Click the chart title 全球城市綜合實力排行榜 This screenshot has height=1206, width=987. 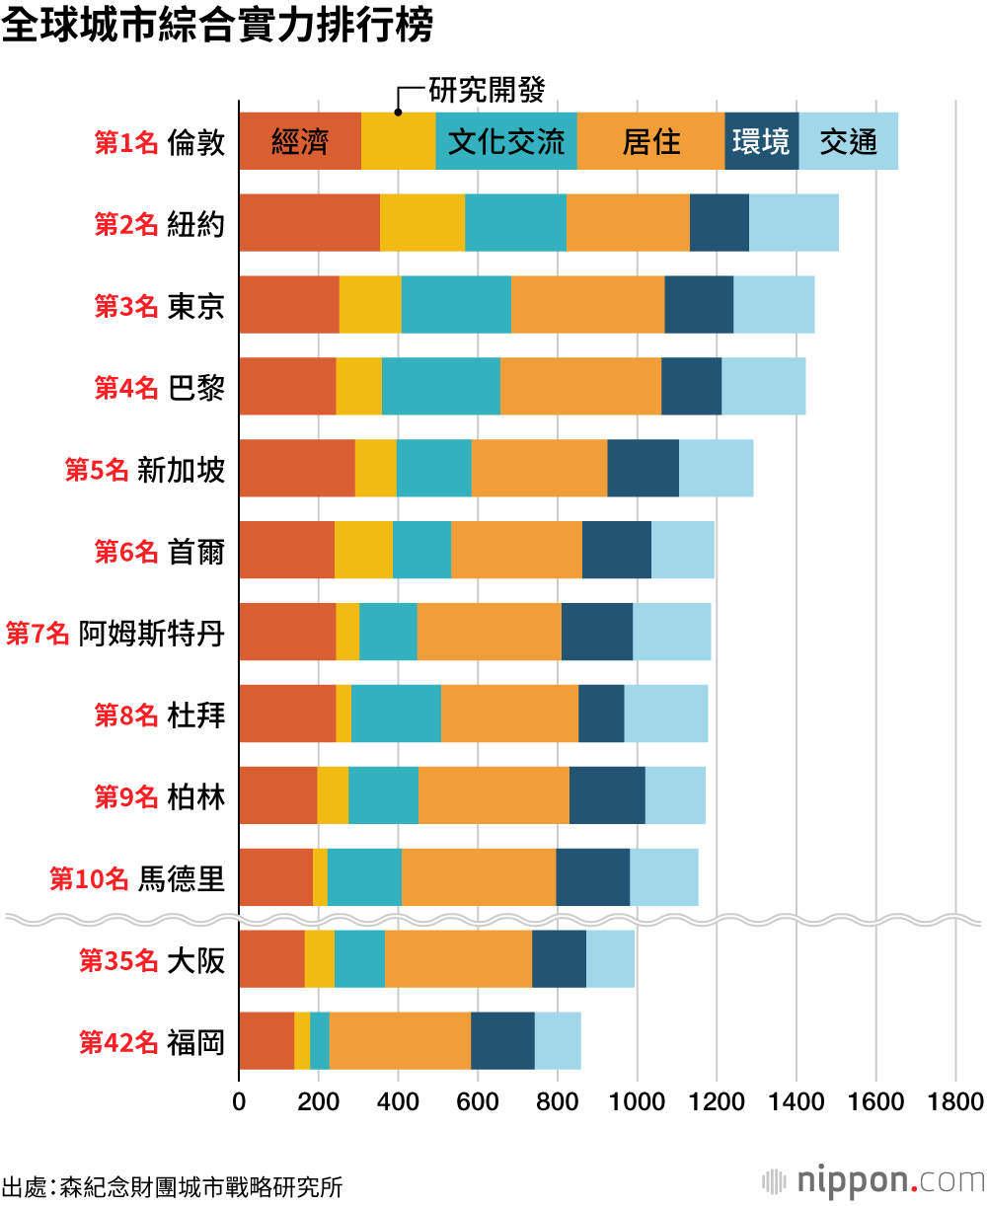[217, 27]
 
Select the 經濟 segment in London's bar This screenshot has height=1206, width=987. [299, 141]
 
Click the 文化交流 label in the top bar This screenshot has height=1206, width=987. [506, 141]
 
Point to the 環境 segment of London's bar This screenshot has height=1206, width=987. [761, 141]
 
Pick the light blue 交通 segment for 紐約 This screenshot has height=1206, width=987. [794, 223]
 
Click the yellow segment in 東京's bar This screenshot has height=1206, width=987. [370, 305]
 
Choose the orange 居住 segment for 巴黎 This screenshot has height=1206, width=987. [580, 387]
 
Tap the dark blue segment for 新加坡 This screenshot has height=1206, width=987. [643, 469]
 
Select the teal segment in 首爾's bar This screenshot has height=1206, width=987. [421, 551]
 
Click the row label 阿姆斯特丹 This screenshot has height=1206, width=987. [152, 633]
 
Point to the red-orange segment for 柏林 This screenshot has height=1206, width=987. [277, 796]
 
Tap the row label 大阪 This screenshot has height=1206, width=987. [196, 960]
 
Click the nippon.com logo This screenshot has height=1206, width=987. [874, 1180]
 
